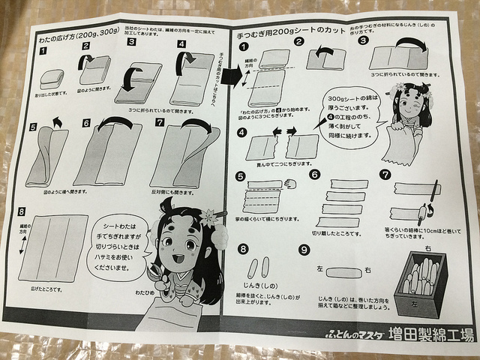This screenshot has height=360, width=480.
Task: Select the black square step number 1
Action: [x=43, y=52]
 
